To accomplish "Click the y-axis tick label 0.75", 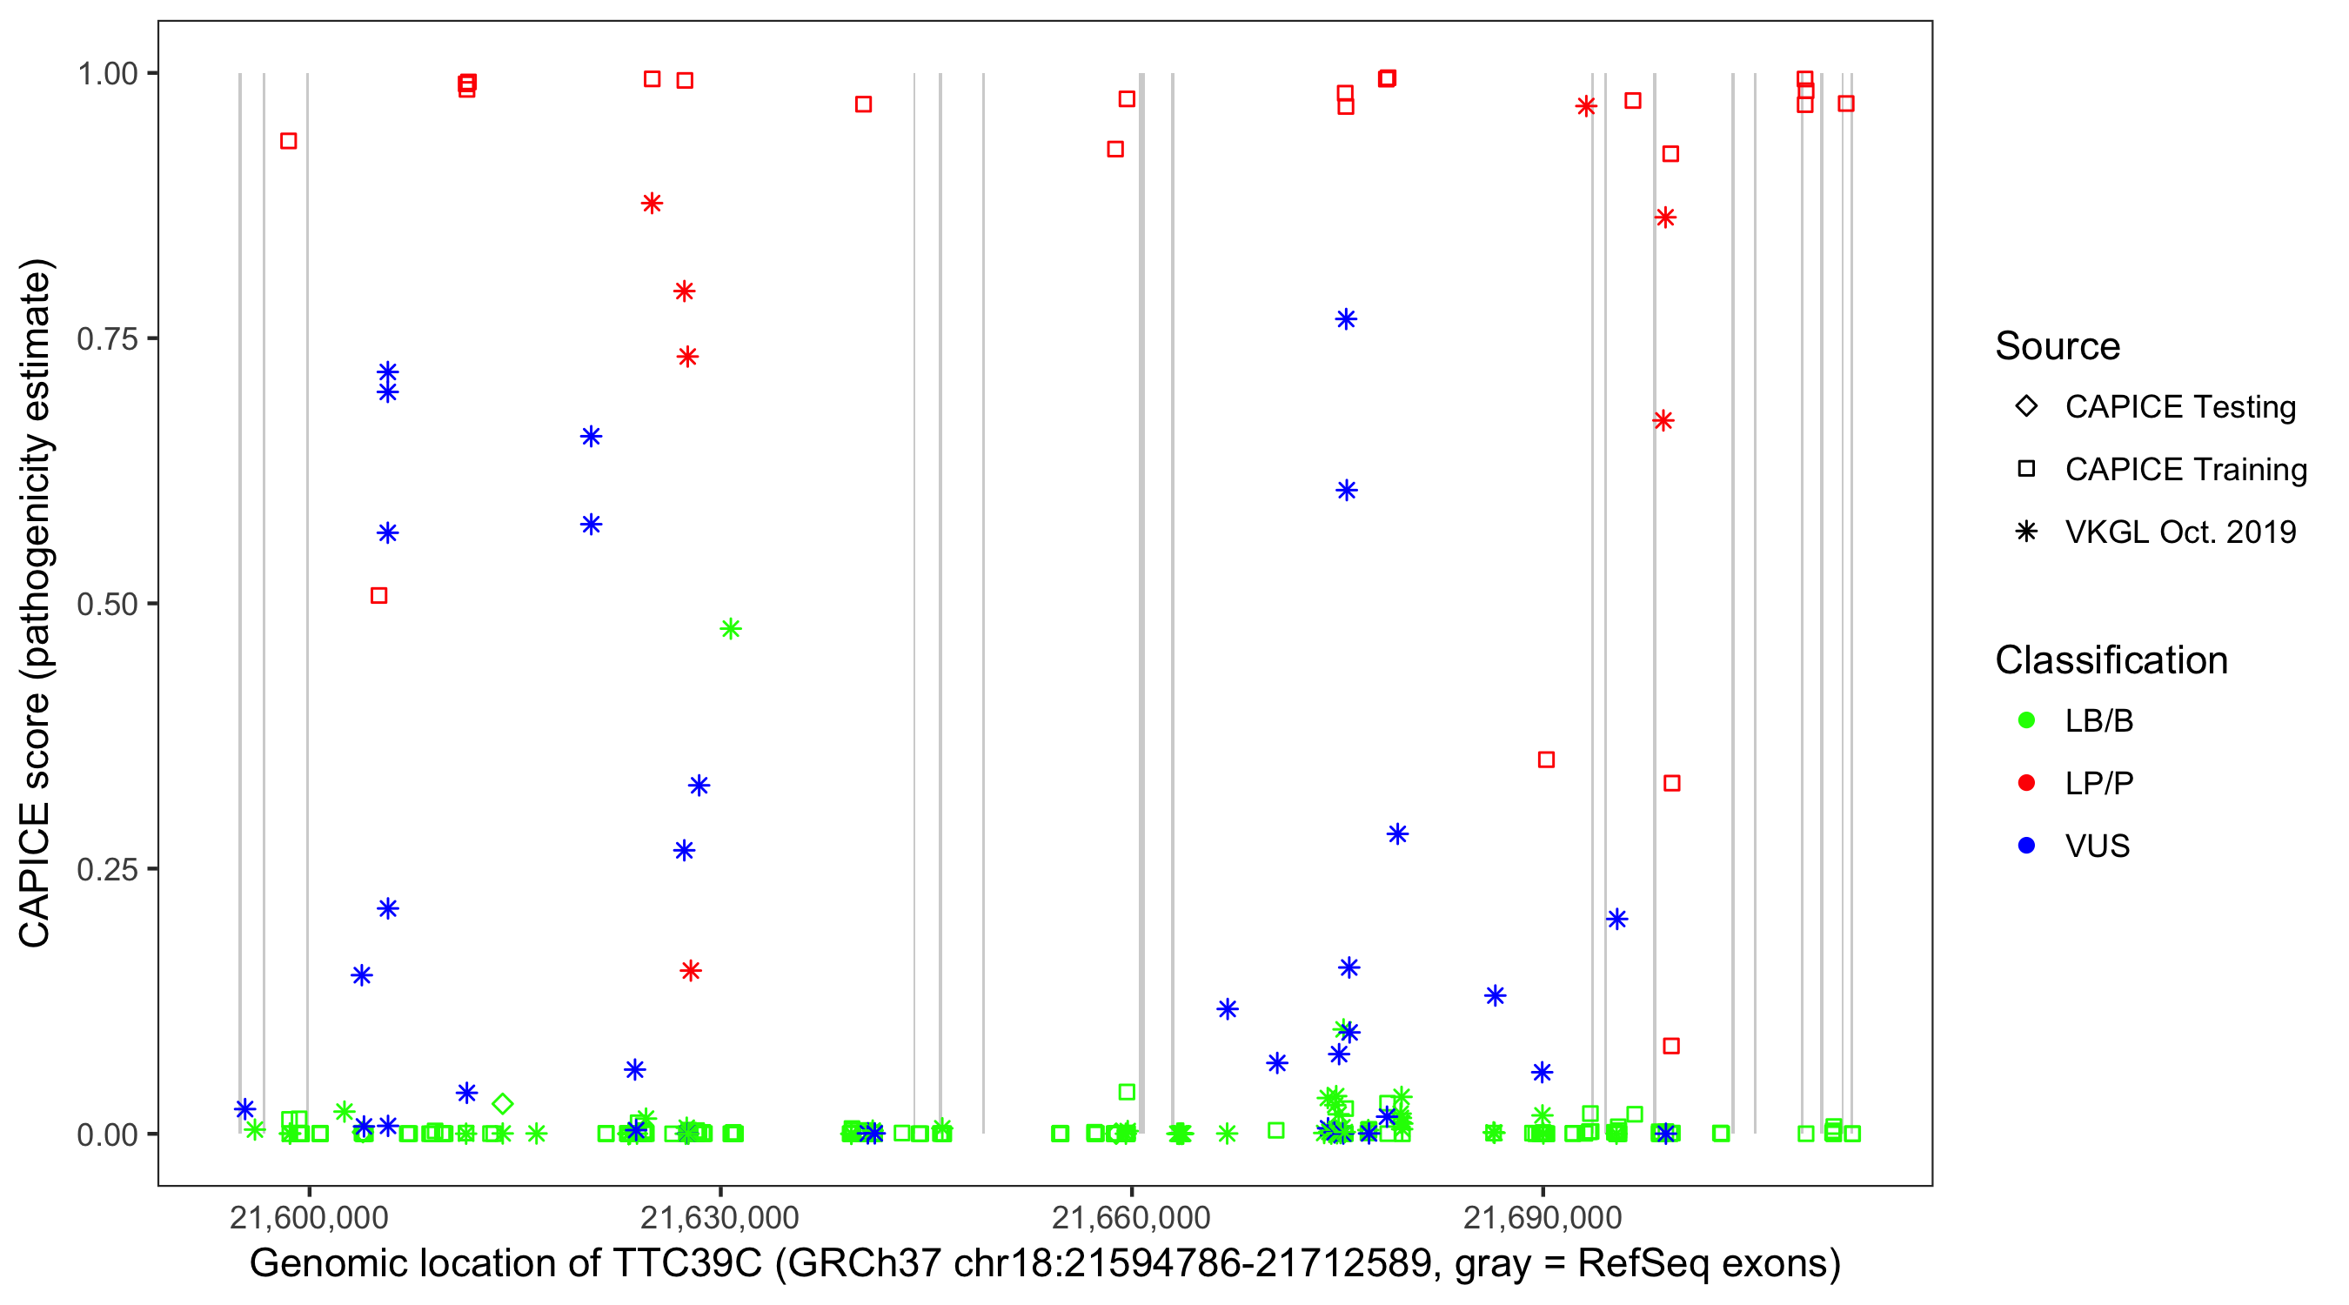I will [106, 339].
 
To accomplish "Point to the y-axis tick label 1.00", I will [106, 74].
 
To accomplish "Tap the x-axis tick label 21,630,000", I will [719, 1217].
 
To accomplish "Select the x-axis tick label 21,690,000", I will [1543, 1217].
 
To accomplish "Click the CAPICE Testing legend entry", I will [2179, 407].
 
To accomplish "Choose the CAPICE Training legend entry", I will [2185, 470].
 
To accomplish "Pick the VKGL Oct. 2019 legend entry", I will [2179, 532].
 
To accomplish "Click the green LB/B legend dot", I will [2027, 721].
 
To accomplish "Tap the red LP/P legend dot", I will [2027, 783].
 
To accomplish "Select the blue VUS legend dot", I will [2027, 847].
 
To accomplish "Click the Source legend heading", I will [2058, 346].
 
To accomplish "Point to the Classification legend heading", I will [2111, 660].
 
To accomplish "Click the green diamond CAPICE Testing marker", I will [503, 1104].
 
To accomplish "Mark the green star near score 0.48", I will [731, 629].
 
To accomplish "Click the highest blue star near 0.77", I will [1346, 319].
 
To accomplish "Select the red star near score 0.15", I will [691, 971].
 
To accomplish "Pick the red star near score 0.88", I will [652, 204].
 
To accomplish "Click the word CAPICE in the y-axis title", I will [35, 874].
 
